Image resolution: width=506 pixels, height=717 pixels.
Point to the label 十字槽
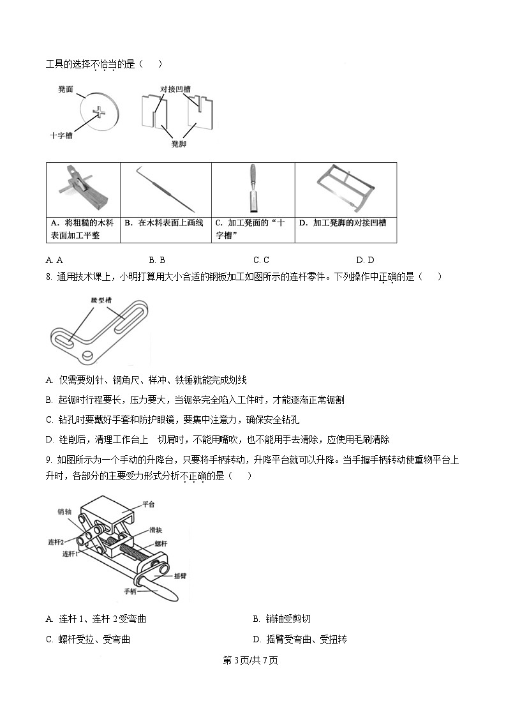click(x=61, y=135)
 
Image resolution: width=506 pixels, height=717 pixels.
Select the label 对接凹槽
click(x=175, y=89)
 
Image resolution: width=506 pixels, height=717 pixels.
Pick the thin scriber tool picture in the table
click(x=166, y=188)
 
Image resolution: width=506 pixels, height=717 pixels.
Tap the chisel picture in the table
click(x=253, y=188)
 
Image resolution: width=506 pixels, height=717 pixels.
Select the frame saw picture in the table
click(x=345, y=188)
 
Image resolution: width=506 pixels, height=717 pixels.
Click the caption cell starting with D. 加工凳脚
click(x=345, y=223)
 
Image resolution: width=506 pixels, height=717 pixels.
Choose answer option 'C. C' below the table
click(x=261, y=260)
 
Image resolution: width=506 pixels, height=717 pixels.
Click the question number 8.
click(x=48, y=276)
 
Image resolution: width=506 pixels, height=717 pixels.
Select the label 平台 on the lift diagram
click(x=148, y=504)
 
